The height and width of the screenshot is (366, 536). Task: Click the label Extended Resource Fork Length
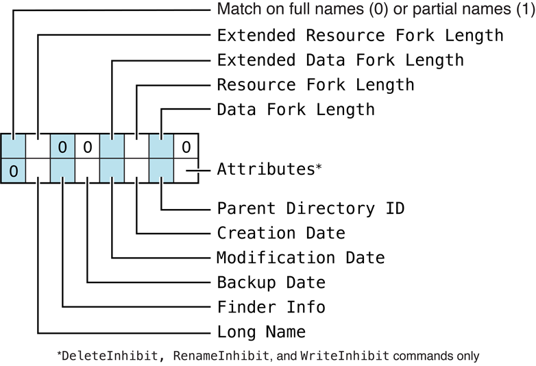coord(360,35)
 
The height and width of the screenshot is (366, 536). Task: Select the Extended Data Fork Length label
coord(340,60)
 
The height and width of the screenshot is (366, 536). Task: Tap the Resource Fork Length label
coord(315,85)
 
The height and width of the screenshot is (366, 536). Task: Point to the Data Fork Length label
coord(295,110)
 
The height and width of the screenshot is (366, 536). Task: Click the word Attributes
coord(265,169)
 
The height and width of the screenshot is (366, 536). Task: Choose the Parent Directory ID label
coord(310,208)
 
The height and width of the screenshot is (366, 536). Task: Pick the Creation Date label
coord(281,233)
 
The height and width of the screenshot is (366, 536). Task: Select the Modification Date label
coord(300,258)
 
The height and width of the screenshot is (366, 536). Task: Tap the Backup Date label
coord(271,282)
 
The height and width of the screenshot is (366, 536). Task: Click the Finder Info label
coord(271,307)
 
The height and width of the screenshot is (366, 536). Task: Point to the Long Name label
coord(261,332)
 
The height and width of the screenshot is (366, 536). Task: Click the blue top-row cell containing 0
coord(62,147)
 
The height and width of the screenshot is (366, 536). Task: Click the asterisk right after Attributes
coord(318,167)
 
